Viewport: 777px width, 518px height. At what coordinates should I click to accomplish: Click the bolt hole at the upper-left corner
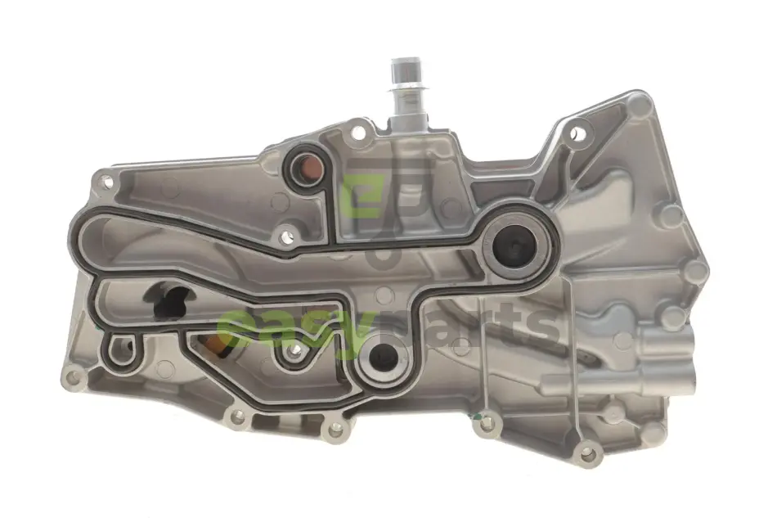106,182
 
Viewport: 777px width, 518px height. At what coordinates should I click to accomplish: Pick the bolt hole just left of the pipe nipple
357,133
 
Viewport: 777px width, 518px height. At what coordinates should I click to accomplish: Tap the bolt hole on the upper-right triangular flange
575,133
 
